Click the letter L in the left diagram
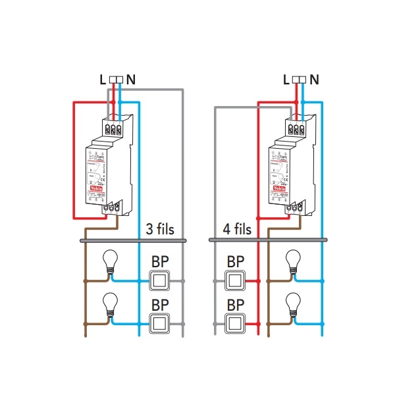click(x=102, y=80)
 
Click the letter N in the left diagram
click(x=131, y=80)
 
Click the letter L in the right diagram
click(x=285, y=80)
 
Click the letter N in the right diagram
click(x=314, y=80)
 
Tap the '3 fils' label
click(x=160, y=230)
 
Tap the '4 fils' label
click(x=234, y=230)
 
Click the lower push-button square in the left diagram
click(x=160, y=323)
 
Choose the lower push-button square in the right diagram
click(x=236, y=323)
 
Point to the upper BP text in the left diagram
click(x=160, y=261)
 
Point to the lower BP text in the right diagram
click(x=236, y=304)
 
